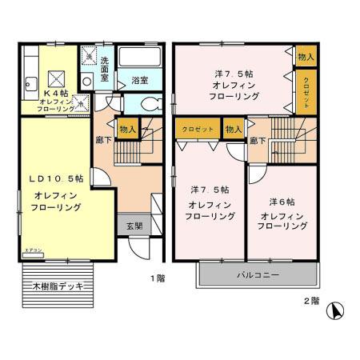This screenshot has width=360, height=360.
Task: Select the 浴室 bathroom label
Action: click(x=139, y=79)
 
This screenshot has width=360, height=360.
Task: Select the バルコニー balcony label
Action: click(x=258, y=275)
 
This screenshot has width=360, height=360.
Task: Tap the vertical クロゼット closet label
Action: click(x=305, y=92)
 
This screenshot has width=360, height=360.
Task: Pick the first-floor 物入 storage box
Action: click(x=128, y=129)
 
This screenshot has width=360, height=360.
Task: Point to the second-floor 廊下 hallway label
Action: click(x=258, y=141)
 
